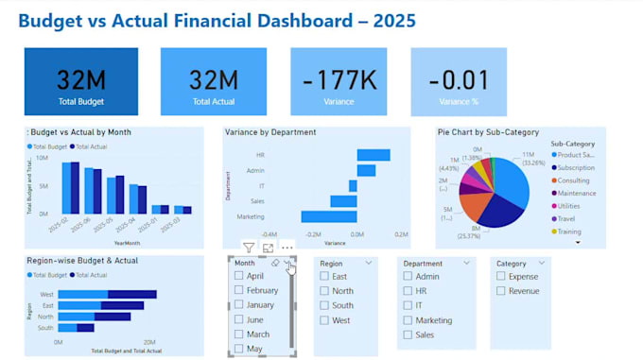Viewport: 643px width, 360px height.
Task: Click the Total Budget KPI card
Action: click(x=80, y=82)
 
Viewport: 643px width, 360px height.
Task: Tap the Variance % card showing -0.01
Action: click(x=458, y=82)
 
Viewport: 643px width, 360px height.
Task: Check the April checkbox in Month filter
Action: click(x=239, y=276)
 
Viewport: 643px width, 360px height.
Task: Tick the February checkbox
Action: click(x=239, y=290)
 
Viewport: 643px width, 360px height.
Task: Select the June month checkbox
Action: click(x=239, y=319)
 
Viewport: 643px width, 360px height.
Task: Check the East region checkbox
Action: click(x=325, y=277)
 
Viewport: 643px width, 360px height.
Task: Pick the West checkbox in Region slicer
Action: click(x=325, y=320)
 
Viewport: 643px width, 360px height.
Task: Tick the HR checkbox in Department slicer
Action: click(x=408, y=291)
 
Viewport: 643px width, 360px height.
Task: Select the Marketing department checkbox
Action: click(x=408, y=320)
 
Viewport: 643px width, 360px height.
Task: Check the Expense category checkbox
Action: click(x=501, y=277)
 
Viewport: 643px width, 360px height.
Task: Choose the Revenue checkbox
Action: click(x=501, y=291)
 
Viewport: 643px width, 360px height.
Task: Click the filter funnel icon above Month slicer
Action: click(x=249, y=248)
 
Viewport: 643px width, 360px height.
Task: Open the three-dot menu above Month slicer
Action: click(x=287, y=248)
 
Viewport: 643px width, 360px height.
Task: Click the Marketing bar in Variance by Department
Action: click(x=328, y=216)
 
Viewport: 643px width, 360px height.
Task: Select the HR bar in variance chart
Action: click(x=373, y=155)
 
